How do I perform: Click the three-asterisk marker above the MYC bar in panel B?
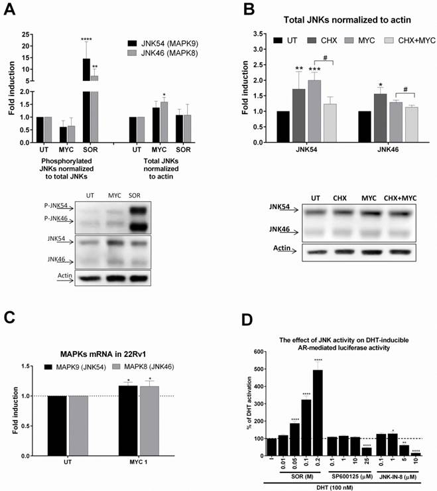[x=315, y=69]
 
